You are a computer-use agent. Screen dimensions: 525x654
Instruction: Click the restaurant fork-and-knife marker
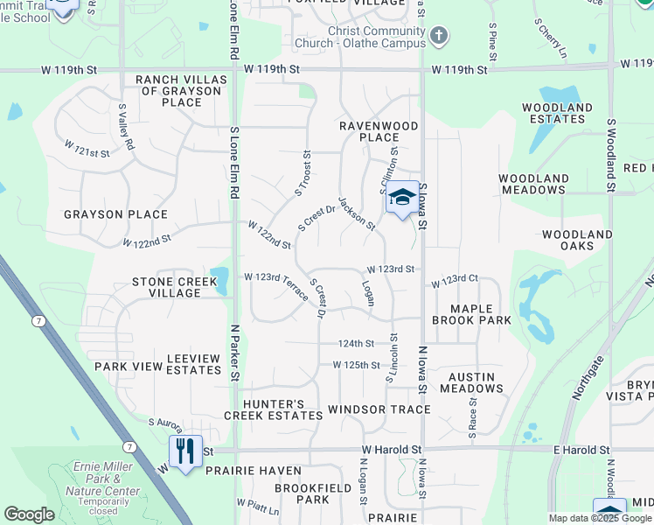(185, 451)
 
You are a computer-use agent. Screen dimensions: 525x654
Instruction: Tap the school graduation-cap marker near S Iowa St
(402, 197)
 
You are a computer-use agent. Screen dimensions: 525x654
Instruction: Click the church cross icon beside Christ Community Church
(438, 37)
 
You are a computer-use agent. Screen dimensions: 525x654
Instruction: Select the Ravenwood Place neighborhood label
(379, 131)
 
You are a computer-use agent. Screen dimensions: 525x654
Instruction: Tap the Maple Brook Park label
(481, 314)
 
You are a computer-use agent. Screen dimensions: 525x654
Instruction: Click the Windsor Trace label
(379, 409)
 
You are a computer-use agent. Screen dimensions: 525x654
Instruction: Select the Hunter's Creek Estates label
(268, 409)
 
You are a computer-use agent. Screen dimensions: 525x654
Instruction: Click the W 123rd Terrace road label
(276, 287)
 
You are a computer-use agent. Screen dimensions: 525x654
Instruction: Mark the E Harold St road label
(581, 450)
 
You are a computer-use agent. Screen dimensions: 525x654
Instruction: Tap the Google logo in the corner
(29, 514)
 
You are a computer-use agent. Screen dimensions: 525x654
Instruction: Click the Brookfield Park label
(302, 493)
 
